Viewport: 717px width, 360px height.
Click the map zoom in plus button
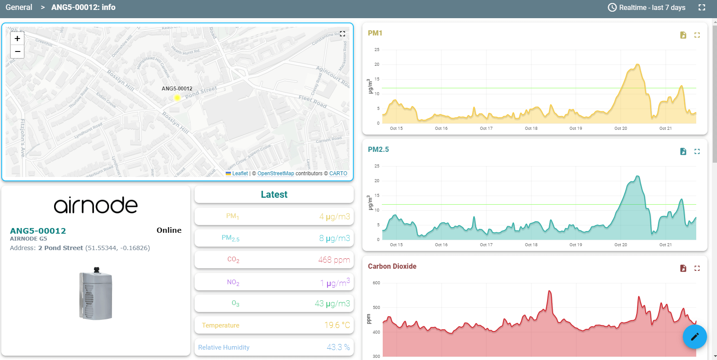[17, 39]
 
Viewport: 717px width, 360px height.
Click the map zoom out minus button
[17, 51]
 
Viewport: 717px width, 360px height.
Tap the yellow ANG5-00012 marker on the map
[177, 98]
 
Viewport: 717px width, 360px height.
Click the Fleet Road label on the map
[312, 101]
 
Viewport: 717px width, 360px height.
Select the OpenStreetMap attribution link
[275, 174]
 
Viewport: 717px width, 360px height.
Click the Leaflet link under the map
[240, 174]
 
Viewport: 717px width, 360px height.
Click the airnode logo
[96, 205]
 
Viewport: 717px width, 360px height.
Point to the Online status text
[169, 230]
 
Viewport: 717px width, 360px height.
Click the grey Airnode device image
[96, 294]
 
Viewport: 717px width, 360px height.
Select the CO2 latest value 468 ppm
[334, 260]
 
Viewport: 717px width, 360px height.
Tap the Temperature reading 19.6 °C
[337, 325]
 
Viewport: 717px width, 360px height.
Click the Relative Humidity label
[224, 347]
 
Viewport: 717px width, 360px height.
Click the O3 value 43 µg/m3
[332, 303]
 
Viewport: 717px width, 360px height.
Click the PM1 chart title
[375, 33]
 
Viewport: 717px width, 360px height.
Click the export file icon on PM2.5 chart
[683, 151]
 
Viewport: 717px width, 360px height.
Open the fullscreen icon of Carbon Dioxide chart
[697, 268]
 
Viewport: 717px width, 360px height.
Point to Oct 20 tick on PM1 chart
[621, 129]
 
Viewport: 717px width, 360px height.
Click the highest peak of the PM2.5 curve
[637, 177]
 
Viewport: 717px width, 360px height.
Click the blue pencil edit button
[695, 337]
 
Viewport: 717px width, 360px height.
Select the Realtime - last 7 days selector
[647, 7]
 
